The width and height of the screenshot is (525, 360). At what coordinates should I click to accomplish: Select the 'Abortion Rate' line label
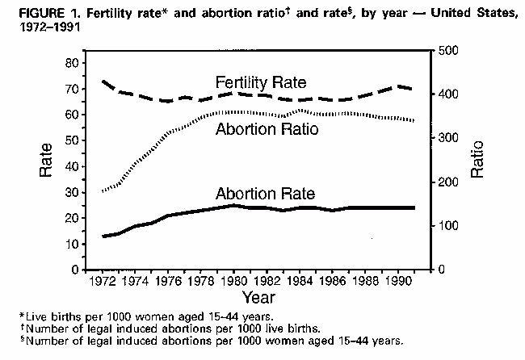(265, 194)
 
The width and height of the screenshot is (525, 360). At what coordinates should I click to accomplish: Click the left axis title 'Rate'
(47, 159)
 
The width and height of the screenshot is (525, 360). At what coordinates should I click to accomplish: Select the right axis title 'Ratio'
(477, 159)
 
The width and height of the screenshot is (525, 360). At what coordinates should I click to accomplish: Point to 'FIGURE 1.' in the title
(33, 8)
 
